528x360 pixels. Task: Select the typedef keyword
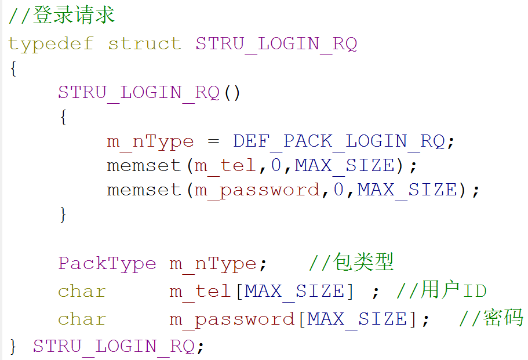50,43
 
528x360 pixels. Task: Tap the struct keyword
144,43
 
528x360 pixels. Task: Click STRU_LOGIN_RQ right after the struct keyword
276,43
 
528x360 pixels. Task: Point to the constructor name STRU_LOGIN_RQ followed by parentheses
139,92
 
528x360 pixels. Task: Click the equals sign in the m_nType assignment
213,141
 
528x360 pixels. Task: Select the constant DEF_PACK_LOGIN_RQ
338,141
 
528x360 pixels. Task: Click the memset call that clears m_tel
144,166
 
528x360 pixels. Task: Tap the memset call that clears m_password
144,190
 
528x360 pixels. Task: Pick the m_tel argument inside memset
225,166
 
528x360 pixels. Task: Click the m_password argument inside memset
257,190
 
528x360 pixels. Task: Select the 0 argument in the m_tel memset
276,166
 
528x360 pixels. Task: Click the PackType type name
107,264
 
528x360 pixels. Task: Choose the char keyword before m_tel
82,291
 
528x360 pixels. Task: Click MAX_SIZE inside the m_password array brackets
357,319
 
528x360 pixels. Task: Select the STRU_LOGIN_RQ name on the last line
114,346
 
